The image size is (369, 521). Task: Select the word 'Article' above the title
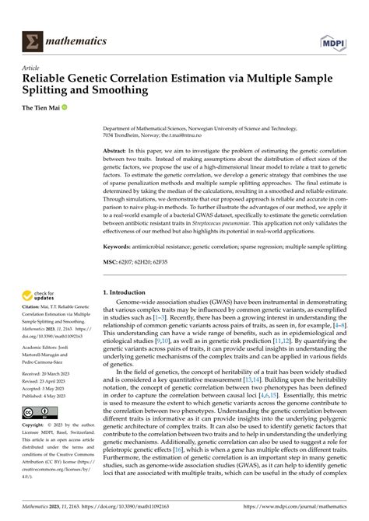32,68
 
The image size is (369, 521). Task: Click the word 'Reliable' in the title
47,80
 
